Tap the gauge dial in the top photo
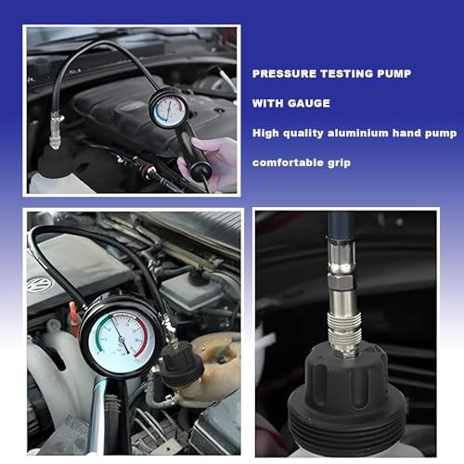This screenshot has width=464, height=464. click(169, 110)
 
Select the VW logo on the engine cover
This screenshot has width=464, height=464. click(39, 284)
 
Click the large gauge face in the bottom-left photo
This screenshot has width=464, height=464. click(122, 339)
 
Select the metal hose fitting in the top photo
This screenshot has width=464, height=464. click(57, 130)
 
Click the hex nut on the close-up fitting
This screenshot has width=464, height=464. click(342, 281)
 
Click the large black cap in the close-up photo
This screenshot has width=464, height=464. click(346, 396)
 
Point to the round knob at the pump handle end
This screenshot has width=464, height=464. click(200, 170)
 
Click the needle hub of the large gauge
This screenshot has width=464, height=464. click(122, 340)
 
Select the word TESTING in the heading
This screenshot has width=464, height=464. click(346, 73)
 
